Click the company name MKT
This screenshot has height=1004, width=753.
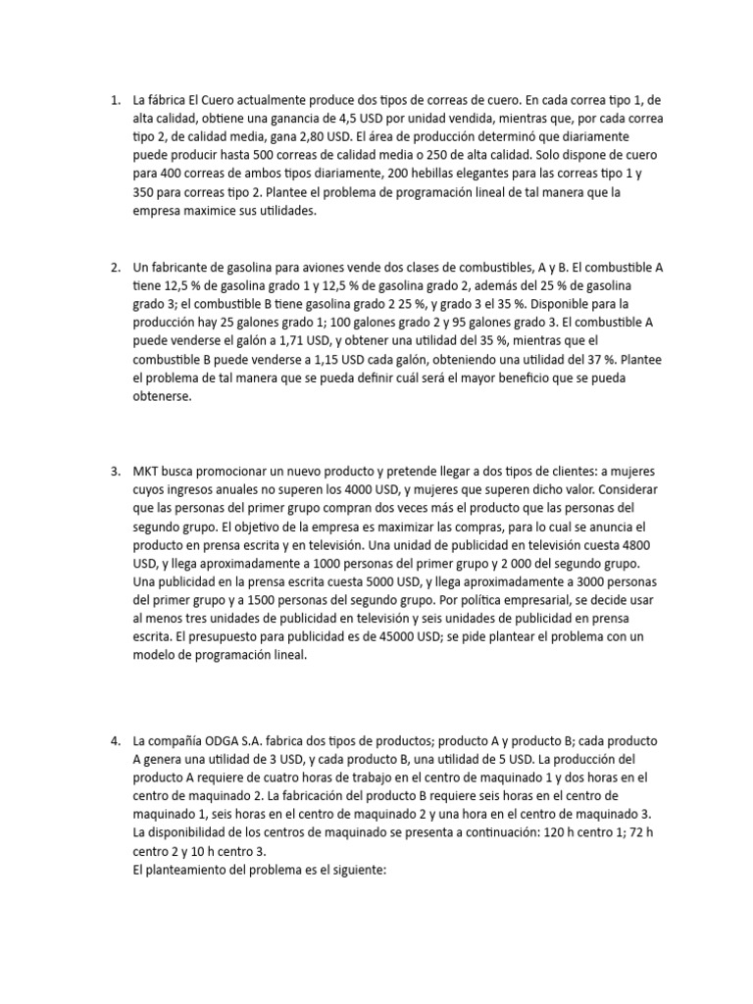[x=147, y=471]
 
